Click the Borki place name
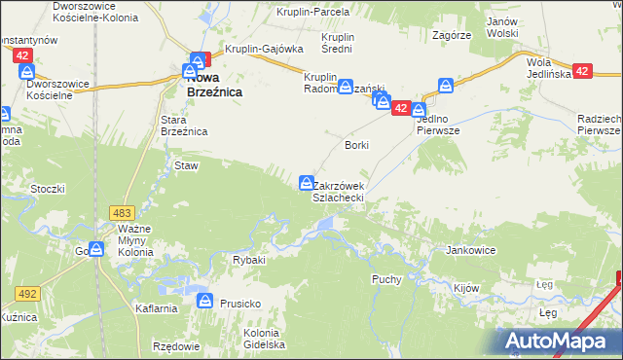click(x=357, y=144)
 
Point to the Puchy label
click(x=386, y=278)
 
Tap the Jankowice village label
click(x=471, y=250)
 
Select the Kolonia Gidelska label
click(x=262, y=338)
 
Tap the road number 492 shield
click(x=26, y=292)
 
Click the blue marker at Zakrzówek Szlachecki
click(x=307, y=182)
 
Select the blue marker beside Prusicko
click(x=205, y=302)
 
